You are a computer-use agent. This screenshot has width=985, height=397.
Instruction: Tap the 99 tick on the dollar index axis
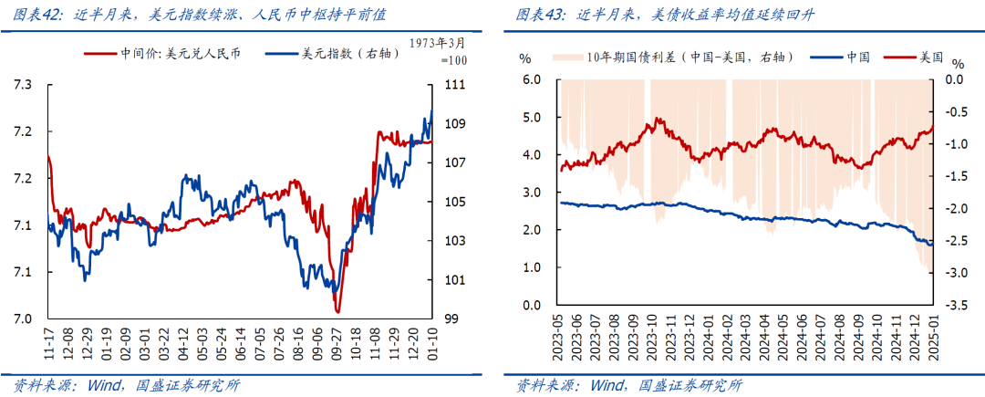(451, 319)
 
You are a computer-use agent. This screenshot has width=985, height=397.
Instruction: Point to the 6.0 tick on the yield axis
(533, 79)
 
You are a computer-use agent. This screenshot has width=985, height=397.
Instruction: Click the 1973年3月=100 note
(437, 51)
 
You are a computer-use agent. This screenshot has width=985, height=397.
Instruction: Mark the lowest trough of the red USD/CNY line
(337, 312)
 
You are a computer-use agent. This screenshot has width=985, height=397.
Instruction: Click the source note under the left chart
(128, 384)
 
